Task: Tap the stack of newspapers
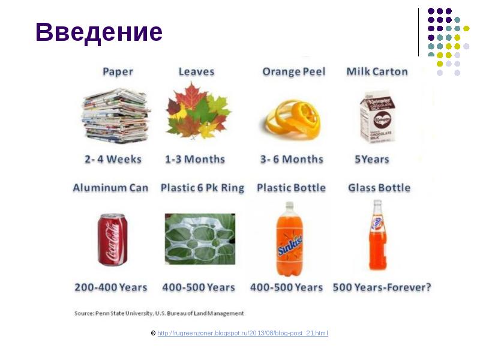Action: click(116, 115)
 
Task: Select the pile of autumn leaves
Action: click(198, 111)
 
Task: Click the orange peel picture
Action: click(293, 116)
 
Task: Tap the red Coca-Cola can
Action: click(112, 239)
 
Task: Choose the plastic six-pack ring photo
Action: click(200, 239)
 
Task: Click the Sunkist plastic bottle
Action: click(289, 238)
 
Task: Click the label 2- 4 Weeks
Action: click(113, 160)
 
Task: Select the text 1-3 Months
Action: click(195, 160)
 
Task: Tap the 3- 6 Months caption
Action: click(292, 160)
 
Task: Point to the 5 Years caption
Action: click(372, 160)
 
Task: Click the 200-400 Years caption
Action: click(111, 287)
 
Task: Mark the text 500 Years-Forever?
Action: click(382, 287)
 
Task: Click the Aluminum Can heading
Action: click(110, 188)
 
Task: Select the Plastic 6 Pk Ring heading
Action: click(202, 188)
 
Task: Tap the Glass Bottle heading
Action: click(379, 188)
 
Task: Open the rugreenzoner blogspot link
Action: click(242, 333)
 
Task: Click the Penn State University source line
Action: click(159, 313)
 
